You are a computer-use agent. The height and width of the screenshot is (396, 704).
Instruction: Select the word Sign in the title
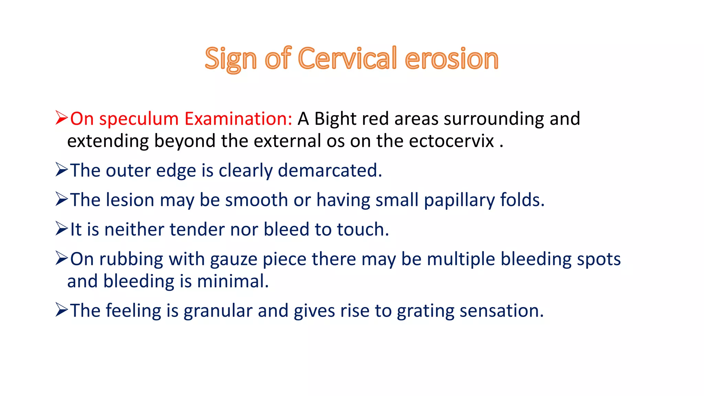pos(230,59)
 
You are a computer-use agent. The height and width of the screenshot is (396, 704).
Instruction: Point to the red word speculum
pos(139,119)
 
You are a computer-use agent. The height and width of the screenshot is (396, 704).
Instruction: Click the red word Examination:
pos(238,119)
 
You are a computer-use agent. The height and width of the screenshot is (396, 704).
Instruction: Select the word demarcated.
pos(330,170)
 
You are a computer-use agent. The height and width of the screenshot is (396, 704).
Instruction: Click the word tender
pos(197,230)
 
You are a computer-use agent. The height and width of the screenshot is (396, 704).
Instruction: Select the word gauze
pos(233,260)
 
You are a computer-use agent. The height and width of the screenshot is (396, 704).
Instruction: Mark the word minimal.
pos(233,282)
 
